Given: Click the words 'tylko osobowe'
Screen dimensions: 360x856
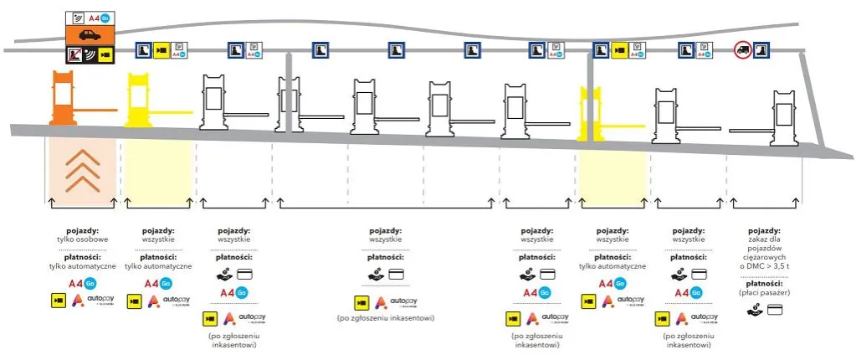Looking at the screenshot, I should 82,239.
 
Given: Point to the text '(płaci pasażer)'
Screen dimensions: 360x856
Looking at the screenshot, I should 765,292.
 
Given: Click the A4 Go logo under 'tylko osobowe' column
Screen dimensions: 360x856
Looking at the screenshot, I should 81,282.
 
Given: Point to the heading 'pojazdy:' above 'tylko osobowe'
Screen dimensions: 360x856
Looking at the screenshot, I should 82,229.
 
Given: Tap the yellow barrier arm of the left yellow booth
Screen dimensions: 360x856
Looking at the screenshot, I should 174,108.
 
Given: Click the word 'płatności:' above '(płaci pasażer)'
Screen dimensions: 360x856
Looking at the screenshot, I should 765,283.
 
